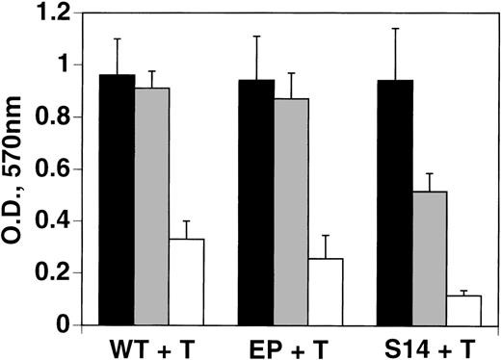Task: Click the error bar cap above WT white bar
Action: (x=187, y=221)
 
